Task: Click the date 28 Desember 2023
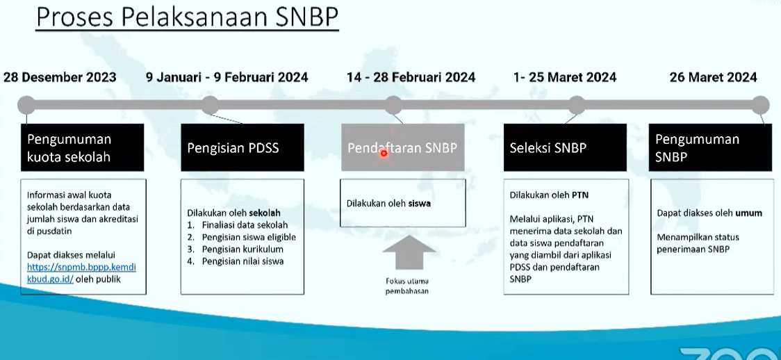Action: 60,78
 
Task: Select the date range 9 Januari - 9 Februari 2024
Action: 227,78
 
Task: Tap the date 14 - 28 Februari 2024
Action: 411,78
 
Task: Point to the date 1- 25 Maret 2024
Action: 565,78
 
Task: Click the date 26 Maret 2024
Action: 714,78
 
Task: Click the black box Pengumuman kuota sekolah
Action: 82,147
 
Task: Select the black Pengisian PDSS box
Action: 242,147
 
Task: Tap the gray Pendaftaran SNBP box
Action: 402,147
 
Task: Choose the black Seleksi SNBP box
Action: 566,147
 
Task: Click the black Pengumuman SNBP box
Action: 710,147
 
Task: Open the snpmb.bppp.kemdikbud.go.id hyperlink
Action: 81,273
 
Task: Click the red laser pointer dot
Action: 384,154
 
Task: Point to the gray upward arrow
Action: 409,252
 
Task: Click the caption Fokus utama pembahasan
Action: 407,286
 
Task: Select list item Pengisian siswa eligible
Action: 249,237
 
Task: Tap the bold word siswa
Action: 420,204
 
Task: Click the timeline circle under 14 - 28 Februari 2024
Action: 393,105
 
